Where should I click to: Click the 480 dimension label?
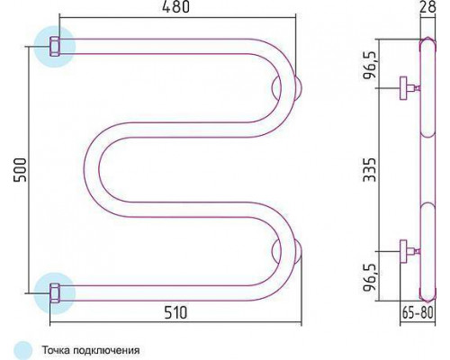[x=175, y=7]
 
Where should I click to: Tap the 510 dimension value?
[x=175, y=312]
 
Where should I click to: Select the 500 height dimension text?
[x=20, y=170]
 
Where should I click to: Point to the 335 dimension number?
[x=369, y=170]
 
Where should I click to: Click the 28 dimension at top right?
[x=427, y=6]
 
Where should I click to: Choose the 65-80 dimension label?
[x=418, y=313]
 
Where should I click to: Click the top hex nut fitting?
[x=55, y=47]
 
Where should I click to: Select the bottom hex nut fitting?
[x=55, y=292]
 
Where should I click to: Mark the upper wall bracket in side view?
[x=409, y=88]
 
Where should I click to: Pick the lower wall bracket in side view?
[x=409, y=251]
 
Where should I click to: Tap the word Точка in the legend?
[x=56, y=350]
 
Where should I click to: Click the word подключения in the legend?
[x=106, y=351]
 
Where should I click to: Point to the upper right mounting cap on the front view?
[x=298, y=88]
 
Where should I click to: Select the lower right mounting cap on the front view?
[x=298, y=251]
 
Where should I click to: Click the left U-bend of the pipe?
[x=92, y=169]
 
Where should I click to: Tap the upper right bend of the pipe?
[x=288, y=87]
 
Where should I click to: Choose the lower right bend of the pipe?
[x=288, y=252]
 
